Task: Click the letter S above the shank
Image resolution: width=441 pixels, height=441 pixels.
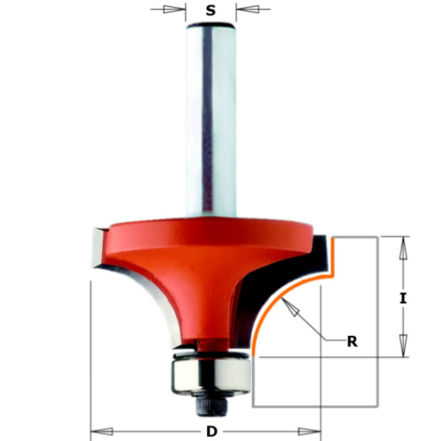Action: point(211,11)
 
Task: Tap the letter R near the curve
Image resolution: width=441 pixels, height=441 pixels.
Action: point(351,341)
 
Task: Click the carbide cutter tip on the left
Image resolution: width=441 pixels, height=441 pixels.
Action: point(97,247)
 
